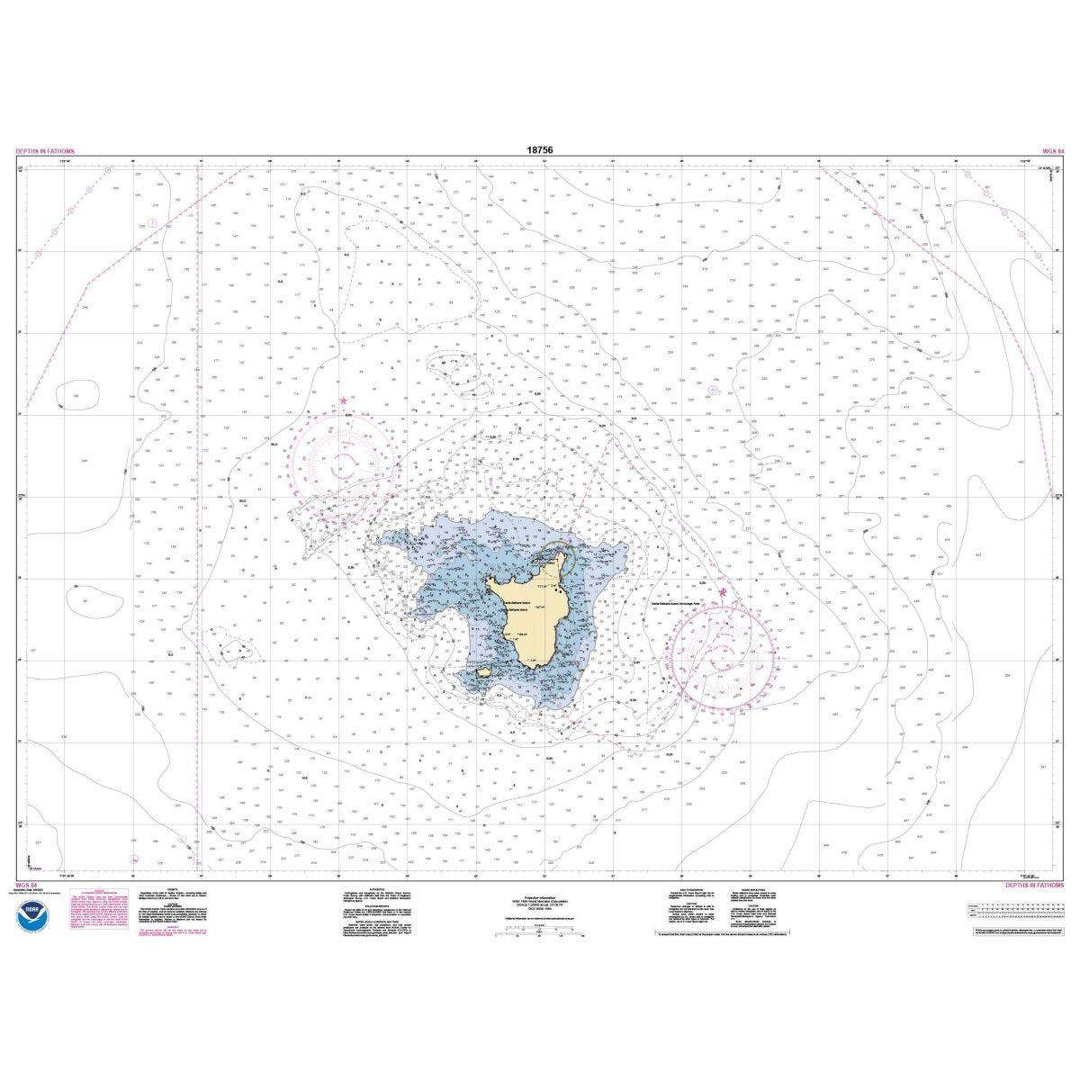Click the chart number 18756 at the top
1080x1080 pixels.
point(541,152)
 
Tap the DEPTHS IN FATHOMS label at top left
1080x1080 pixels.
point(45,152)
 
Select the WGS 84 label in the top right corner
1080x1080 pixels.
point(1050,152)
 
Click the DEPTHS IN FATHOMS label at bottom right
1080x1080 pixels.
point(1033,886)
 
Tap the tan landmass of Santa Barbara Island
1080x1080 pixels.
point(522,621)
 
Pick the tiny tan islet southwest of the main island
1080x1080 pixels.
point(483,671)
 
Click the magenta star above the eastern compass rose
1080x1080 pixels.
point(722,592)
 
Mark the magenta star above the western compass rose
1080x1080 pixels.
point(343,400)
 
